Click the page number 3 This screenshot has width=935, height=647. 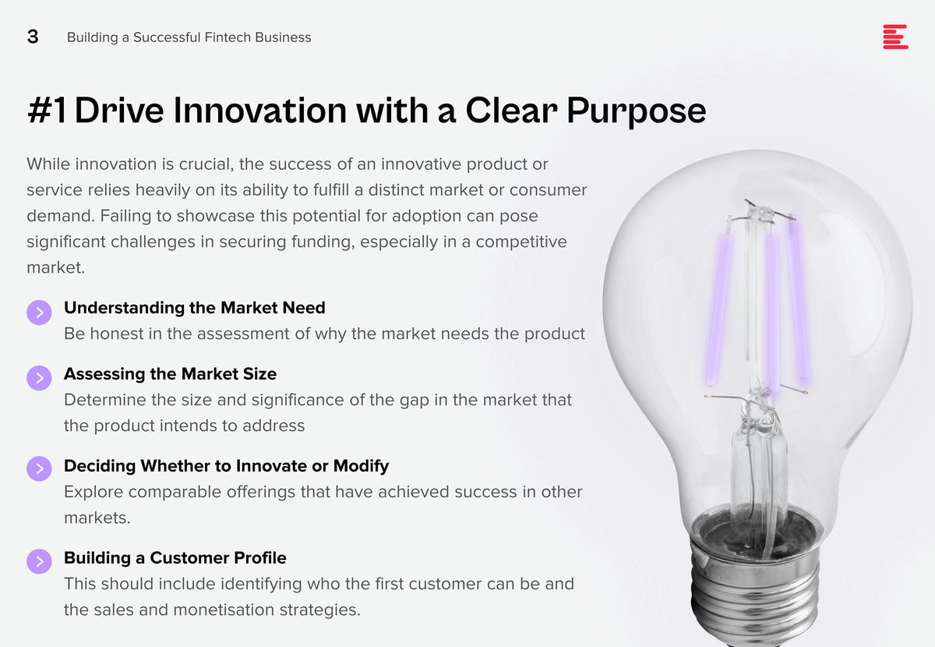pos(33,37)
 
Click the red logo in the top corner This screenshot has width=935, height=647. pos(895,37)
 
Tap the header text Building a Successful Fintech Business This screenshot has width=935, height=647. pos(189,37)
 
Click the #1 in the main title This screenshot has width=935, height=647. pos(47,110)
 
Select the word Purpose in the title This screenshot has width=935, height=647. pos(636,111)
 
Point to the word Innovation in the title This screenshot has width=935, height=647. pos(259,110)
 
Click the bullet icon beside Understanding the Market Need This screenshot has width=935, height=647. pos(39,313)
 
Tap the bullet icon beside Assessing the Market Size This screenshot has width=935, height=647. pos(39,378)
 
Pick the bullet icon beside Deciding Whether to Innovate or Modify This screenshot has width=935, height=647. pos(39,468)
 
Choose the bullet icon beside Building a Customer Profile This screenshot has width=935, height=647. pos(39,561)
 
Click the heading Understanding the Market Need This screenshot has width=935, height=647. pos(195,308)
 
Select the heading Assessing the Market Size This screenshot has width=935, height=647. pos(171,374)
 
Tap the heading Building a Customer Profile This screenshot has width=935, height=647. pos(175,558)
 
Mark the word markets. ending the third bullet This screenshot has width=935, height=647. pos(97,518)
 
